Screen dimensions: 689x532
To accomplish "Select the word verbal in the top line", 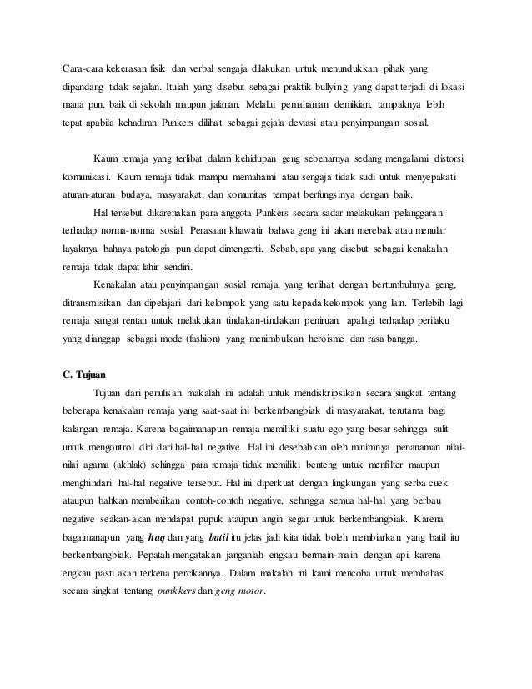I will [206, 67].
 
